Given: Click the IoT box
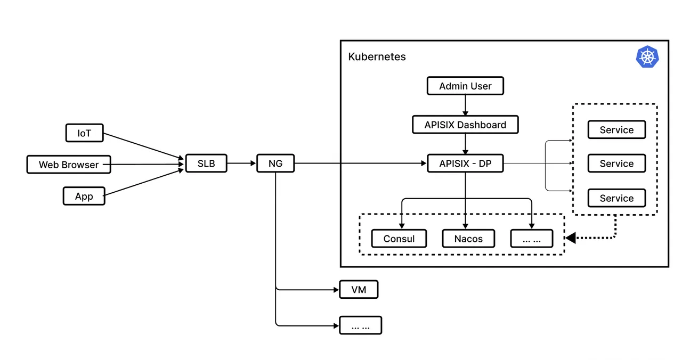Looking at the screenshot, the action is tap(84, 133).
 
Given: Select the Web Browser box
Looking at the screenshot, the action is tap(69, 165).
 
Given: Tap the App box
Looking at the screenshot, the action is tap(84, 196).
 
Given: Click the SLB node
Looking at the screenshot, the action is tap(206, 163).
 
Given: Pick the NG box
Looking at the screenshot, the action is tap(275, 163).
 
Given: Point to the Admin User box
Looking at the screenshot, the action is tap(465, 86).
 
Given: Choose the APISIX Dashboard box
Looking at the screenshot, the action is tap(465, 125).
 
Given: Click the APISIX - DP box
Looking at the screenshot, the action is tap(465, 163).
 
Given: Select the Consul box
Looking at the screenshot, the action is tap(399, 239).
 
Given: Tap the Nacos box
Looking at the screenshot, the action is tap(468, 239).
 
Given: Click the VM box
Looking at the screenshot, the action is tap(359, 289).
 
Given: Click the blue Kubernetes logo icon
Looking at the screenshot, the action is tap(647, 56).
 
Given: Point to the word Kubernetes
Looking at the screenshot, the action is tap(377, 56).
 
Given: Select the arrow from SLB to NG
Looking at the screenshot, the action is tap(241, 163).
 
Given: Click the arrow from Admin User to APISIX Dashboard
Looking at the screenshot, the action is tap(465, 105).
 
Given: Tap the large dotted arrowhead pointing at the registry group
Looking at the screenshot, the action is tap(571, 238).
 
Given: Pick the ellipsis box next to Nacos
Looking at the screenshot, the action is tap(532, 239).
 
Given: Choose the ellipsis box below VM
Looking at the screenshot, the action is tap(361, 325).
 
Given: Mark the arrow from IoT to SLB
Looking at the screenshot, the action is tap(143, 146).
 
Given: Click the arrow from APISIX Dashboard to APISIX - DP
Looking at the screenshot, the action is tap(465, 144).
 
